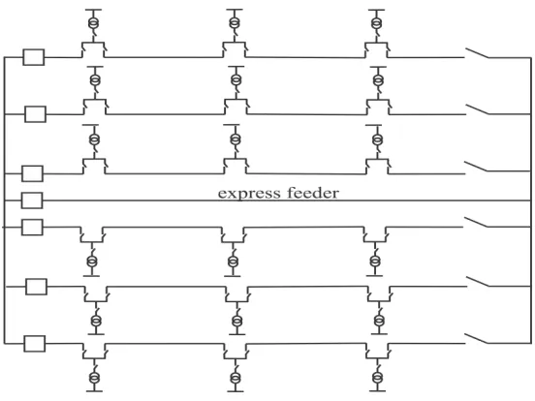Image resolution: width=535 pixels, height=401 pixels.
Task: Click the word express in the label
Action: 249,194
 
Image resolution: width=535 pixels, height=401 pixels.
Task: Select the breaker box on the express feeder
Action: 32,200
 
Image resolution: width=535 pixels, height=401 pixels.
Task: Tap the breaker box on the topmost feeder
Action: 34,57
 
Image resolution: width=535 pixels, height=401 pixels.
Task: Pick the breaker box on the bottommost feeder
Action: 35,344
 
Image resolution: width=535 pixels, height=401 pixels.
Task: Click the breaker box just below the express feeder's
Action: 32,227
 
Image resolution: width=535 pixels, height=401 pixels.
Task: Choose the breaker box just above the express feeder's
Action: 32,174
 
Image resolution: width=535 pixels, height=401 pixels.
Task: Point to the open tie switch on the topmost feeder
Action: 477,53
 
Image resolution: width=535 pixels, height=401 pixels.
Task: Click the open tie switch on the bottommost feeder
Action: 477,339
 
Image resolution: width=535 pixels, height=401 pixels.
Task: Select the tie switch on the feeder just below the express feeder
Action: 476,222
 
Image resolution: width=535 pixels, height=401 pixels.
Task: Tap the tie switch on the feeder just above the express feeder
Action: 476,167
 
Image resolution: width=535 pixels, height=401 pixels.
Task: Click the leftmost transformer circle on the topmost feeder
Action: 93,23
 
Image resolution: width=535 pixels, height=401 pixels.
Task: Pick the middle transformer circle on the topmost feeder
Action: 235,23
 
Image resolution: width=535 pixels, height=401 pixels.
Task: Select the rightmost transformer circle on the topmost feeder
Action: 377,23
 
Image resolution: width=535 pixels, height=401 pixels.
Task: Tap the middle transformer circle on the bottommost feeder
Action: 236,378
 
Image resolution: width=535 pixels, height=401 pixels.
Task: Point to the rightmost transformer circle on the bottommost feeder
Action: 377,378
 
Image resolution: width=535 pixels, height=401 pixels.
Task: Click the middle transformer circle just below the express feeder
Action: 233,262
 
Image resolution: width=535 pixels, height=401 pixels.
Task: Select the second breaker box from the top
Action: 35,114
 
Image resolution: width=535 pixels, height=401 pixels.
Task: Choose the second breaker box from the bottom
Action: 36,287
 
